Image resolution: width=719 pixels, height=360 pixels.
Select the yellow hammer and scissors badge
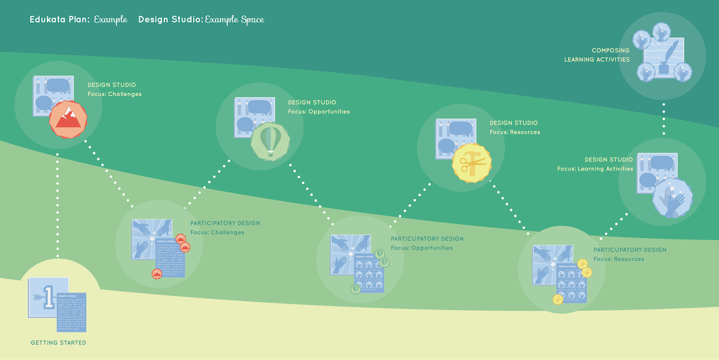tap(472, 163)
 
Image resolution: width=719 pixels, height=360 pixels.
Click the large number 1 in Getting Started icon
tap(48, 296)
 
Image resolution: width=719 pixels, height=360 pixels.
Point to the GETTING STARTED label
tap(58, 343)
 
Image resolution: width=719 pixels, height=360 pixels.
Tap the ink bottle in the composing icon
tap(662, 69)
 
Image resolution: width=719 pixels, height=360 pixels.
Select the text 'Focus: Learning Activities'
tap(595, 169)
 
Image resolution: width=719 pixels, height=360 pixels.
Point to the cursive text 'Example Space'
tap(234, 19)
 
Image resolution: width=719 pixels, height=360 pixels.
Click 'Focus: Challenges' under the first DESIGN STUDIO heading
tap(114, 94)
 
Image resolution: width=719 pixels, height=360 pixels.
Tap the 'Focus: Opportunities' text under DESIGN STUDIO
tap(318, 112)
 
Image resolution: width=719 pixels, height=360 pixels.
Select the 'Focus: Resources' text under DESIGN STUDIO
tap(514, 132)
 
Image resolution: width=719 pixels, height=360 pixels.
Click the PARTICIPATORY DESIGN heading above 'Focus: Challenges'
tap(225, 223)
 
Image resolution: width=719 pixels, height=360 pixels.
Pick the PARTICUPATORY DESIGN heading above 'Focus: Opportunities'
tap(427, 239)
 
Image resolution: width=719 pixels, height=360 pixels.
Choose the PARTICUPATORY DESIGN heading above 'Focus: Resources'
tap(629, 250)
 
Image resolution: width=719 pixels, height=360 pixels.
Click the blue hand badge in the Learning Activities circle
tap(672, 198)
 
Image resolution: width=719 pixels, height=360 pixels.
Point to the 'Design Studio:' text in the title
tap(170, 19)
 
